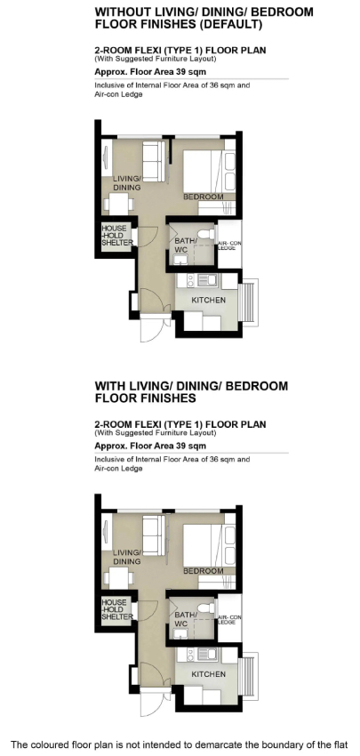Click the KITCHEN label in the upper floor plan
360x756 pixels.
pos(208,300)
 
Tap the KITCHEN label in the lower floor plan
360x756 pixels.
pos(208,674)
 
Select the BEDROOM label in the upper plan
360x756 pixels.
pos(204,197)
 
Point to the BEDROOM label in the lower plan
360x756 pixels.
pos(204,571)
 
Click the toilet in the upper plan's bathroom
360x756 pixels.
pos(206,234)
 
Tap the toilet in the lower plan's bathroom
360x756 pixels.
pos(206,608)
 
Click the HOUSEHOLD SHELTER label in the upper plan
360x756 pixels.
pos(117,236)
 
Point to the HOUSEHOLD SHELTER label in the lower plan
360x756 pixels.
pos(117,609)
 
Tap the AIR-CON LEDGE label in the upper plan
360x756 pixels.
pos(229,245)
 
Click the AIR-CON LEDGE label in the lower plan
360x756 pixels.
pos(229,620)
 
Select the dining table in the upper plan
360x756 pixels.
pos(118,204)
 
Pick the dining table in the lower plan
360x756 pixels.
pos(118,578)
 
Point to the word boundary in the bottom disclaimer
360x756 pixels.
pos(279,745)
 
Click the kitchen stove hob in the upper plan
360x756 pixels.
pos(190,280)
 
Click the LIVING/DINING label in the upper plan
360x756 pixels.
pos(127,182)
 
